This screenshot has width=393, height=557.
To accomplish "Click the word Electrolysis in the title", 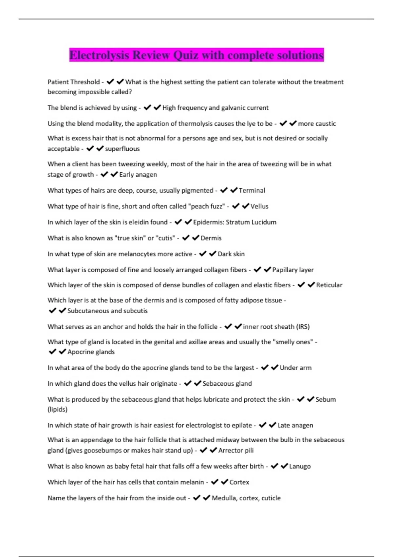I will pos(99,55).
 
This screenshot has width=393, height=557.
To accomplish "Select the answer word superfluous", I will pos(122,149).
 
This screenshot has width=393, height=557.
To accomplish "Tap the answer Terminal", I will pos(252,190).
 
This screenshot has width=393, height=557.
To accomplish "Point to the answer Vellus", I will pos(259,206).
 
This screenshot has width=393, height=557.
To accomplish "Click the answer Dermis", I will pos(211,238).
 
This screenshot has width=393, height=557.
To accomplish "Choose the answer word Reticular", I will pos(329,285).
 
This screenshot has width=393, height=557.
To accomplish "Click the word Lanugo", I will pos(300,466).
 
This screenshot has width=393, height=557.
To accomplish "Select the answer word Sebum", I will pos(326,399).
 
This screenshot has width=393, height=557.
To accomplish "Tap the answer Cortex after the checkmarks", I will pos(239,482).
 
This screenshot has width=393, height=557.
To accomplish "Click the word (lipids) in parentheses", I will pos(58,410).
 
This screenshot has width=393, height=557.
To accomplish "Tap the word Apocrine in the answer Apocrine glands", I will pos(80,352).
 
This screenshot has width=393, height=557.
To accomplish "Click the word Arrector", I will pos(231,451).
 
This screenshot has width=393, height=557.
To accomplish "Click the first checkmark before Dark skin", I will pos(203,254).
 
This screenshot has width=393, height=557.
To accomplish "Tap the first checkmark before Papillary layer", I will pos(257,270).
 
